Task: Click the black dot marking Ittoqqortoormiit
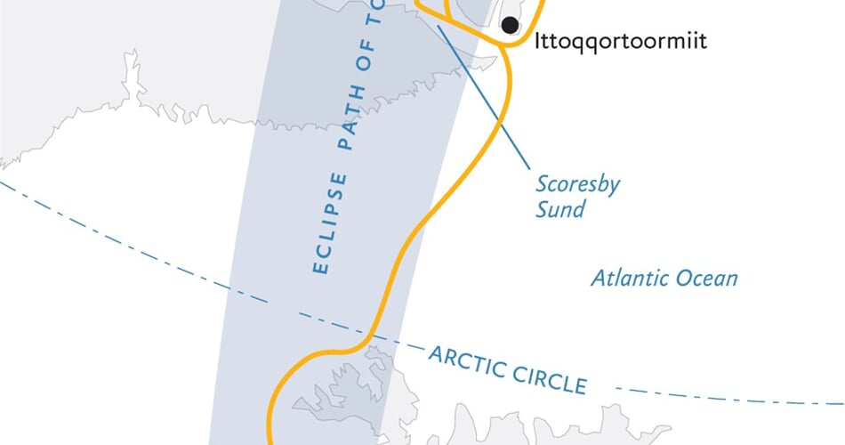(510, 25)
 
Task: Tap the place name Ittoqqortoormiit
(621, 41)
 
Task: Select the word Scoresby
(577, 184)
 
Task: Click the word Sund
(561, 209)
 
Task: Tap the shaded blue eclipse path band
(267, 267)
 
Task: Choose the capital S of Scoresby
(541, 184)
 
